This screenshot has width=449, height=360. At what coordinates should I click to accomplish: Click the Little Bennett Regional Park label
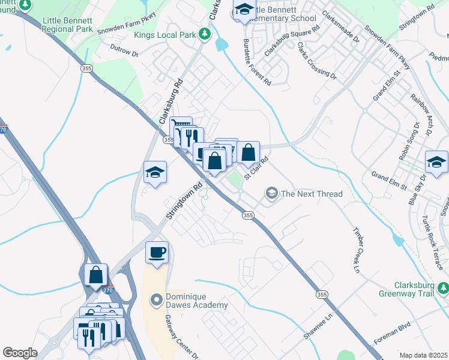[x=67, y=25]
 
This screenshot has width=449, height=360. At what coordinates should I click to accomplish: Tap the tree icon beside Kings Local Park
[x=205, y=35]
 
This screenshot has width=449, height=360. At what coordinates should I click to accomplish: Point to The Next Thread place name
[x=312, y=194]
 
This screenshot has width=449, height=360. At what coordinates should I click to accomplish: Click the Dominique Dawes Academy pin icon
[x=157, y=299]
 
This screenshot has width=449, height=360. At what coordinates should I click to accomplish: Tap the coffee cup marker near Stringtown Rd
[x=157, y=252]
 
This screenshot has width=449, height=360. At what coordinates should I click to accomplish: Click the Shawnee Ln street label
[x=318, y=327]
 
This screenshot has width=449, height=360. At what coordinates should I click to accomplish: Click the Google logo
[x=20, y=352]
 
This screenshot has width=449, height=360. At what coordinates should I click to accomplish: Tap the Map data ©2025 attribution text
[x=424, y=355]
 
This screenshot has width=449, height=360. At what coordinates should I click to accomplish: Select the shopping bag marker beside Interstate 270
[x=96, y=275]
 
